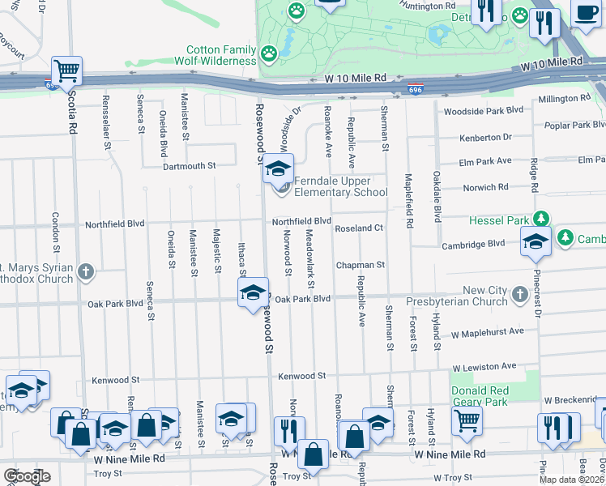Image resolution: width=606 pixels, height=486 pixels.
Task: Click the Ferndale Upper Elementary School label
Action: (x=340, y=186)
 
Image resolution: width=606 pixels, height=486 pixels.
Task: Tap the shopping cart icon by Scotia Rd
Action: (x=66, y=70)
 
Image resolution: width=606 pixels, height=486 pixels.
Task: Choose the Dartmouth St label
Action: (x=189, y=165)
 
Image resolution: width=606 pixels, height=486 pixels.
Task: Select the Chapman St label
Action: (x=360, y=265)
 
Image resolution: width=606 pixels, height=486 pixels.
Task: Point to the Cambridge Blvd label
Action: (x=473, y=245)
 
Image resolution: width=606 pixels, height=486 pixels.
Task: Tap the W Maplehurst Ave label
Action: (x=488, y=332)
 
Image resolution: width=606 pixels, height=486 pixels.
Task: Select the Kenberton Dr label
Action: (x=486, y=138)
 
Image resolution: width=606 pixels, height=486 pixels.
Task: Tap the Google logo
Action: (x=28, y=476)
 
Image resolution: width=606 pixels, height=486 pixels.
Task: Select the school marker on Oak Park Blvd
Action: (x=254, y=292)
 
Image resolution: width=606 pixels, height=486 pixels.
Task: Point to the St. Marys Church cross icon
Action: (x=86, y=272)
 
